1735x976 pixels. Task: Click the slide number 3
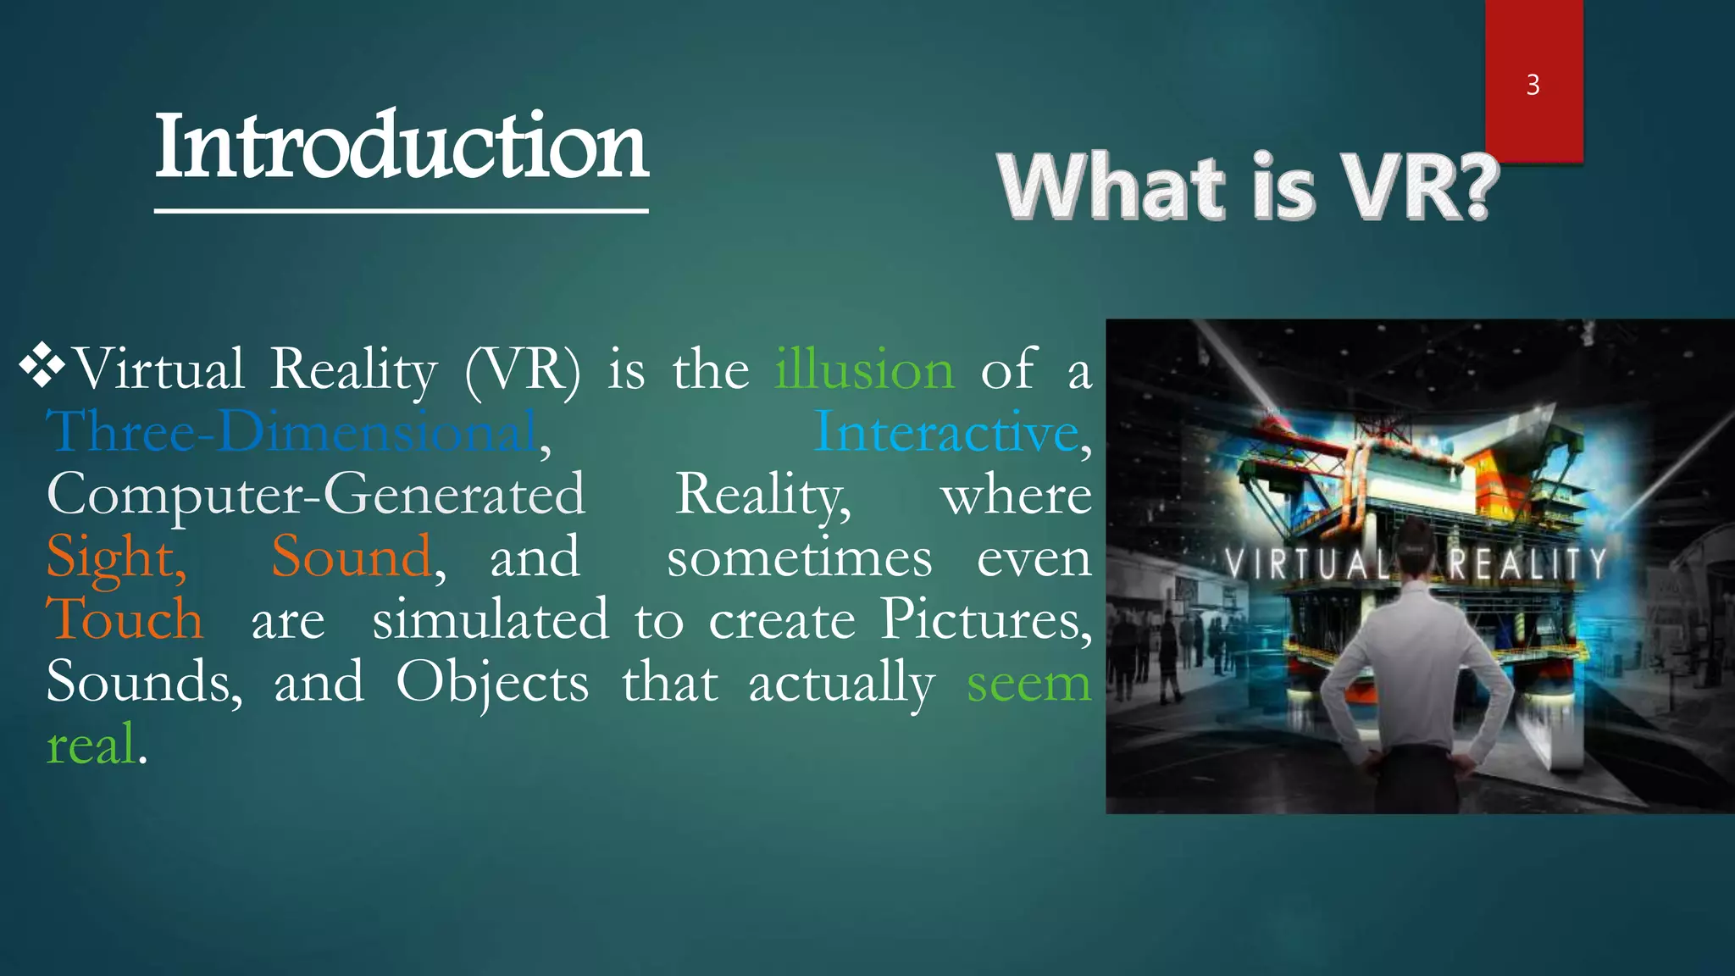point(1533,85)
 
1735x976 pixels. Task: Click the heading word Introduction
point(402,147)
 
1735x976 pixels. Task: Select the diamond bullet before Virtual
point(42,367)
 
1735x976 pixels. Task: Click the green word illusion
point(864,370)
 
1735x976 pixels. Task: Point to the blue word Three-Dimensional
point(292,432)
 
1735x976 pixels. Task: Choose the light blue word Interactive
point(946,432)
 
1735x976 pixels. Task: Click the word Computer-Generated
point(315,495)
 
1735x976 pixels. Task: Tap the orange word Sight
point(116,558)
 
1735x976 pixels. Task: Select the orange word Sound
point(351,557)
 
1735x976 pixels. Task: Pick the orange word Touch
point(125,619)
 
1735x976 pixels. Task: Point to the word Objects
point(492,683)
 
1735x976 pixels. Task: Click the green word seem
point(1028,683)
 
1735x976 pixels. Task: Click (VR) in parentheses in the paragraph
point(523,370)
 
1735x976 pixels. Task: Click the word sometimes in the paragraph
point(799,558)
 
